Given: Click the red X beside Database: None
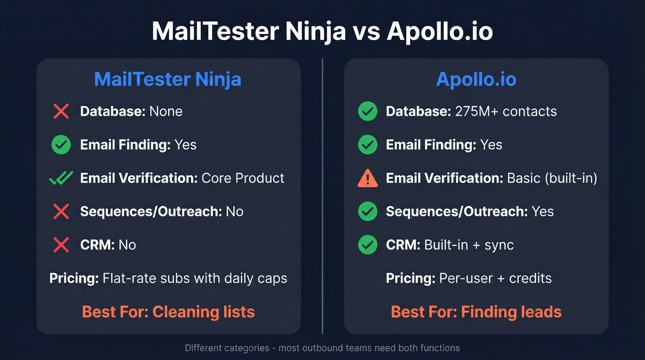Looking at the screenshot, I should (61, 112).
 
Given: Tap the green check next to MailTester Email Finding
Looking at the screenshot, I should (61, 145).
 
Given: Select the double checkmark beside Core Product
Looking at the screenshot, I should (61, 178).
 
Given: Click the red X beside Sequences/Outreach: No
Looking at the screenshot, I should (61, 212).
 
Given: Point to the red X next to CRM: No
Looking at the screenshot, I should (61, 245).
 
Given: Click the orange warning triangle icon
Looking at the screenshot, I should (367, 178).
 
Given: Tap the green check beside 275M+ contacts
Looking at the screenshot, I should (367, 112).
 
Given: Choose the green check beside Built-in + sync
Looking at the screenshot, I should (367, 245).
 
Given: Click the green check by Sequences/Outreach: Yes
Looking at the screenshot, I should (367, 212).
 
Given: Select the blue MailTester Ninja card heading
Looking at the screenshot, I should (168, 79).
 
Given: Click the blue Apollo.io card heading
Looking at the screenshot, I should (476, 79).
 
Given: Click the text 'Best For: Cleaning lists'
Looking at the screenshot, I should (168, 312).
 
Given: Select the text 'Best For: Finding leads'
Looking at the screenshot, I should (476, 312).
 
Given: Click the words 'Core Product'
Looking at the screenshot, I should (243, 178).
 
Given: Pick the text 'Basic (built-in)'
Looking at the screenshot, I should (552, 178).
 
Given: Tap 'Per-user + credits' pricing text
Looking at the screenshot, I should (495, 278).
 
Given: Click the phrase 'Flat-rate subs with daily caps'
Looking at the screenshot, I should (195, 278).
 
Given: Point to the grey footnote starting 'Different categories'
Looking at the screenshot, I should (322, 348).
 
